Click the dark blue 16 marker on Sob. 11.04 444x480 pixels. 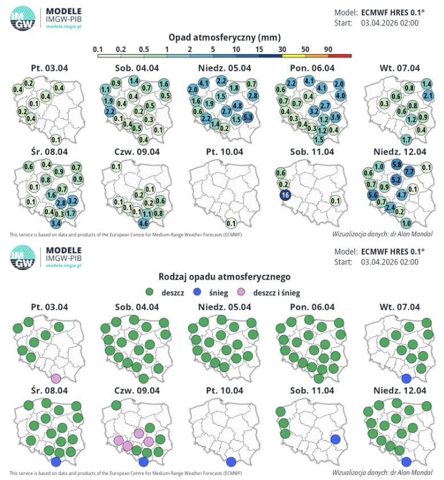tap(285, 195)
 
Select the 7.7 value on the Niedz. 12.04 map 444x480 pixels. tap(409, 171)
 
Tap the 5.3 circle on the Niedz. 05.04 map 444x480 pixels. tap(248, 116)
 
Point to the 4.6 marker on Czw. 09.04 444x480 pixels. tap(144, 223)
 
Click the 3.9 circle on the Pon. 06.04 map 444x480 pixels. tap(336, 116)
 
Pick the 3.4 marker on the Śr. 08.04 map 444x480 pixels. tap(56, 223)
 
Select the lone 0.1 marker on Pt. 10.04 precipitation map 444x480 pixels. tap(231, 223)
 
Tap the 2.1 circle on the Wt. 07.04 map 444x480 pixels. tap(428, 96)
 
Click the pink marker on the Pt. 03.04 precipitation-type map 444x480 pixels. tap(56, 378)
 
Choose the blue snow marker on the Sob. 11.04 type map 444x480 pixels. tap(336, 439)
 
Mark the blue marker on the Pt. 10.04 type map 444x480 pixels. tap(231, 462)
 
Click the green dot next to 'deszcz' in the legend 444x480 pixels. tap(149, 292)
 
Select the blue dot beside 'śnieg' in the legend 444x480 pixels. tap(197, 292)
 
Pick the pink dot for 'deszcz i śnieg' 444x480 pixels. tap(241, 292)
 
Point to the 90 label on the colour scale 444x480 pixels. tap(328, 49)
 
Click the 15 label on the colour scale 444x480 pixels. tap(259, 49)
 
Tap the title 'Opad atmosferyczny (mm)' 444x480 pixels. tap(225, 38)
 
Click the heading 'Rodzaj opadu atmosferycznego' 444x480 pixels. tap(225, 277)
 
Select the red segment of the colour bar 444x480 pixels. tap(340, 56)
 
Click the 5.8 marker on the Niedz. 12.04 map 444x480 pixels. tap(397, 164)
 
